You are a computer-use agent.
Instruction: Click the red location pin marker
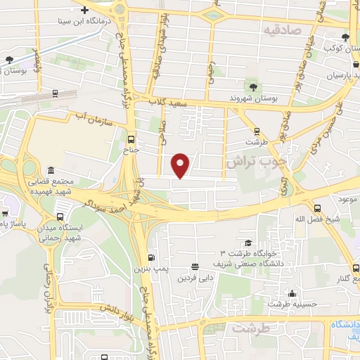pyautogui.click(x=181, y=165)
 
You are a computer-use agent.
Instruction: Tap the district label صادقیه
pyautogui.click(x=282, y=30)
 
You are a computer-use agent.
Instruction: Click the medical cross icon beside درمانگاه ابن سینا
pyautogui.click(x=85, y=11)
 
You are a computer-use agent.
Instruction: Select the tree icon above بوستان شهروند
pyautogui.click(x=252, y=87)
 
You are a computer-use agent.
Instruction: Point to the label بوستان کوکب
pyautogui.click(x=338, y=48)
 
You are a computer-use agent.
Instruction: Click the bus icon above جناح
pyautogui.click(x=132, y=138)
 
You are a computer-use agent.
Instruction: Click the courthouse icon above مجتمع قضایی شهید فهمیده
pyautogui.click(x=51, y=171)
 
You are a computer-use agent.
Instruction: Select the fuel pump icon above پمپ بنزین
pyautogui.click(x=150, y=258)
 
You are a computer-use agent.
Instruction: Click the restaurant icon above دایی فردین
pyautogui.click(x=194, y=266)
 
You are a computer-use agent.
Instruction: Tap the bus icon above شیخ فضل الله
pyautogui.click(x=318, y=208)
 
